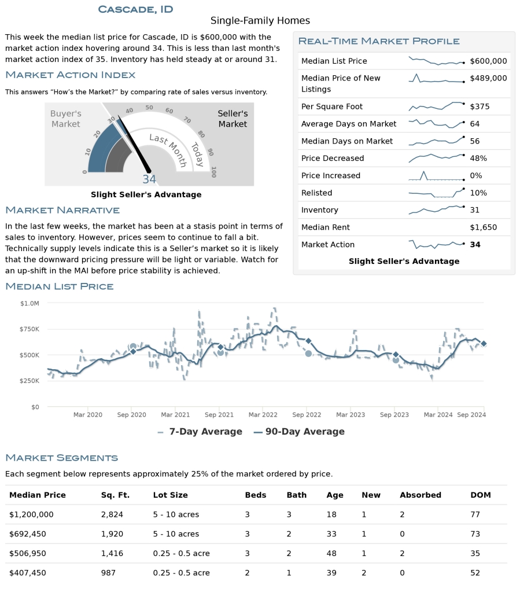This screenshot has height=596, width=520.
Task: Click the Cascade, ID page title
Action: (x=135, y=9)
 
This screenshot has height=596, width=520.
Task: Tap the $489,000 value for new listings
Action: (x=488, y=78)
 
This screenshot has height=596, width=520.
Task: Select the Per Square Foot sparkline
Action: (x=436, y=106)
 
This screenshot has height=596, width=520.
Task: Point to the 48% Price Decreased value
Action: (x=478, y=158)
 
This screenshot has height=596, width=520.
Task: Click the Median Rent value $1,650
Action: (x=483, y=227)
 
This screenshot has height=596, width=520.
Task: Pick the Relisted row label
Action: (x=316, y=193)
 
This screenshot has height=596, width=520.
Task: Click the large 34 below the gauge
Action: (x=149, y=179)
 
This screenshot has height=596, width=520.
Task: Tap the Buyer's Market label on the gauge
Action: (x=66, y=119)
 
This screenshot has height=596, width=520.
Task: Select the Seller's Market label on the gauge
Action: (x=233, y=119)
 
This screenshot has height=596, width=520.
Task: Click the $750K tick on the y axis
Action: (x=29, y=329)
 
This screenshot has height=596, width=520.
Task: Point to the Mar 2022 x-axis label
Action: (x=263, y=415)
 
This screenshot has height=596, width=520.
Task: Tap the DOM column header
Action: (x=481, y=495)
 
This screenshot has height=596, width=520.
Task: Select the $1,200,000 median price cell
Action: (x=31, y=514)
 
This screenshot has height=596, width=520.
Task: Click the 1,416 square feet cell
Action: (x=112, y=553)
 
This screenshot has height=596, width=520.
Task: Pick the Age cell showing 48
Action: (x=331, y=553)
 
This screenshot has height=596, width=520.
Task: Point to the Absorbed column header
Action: (x=421, y=495)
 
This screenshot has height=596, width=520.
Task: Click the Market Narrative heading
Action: (x=62, y=210)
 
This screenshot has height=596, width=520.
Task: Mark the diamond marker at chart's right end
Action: (x=484, y=344)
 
